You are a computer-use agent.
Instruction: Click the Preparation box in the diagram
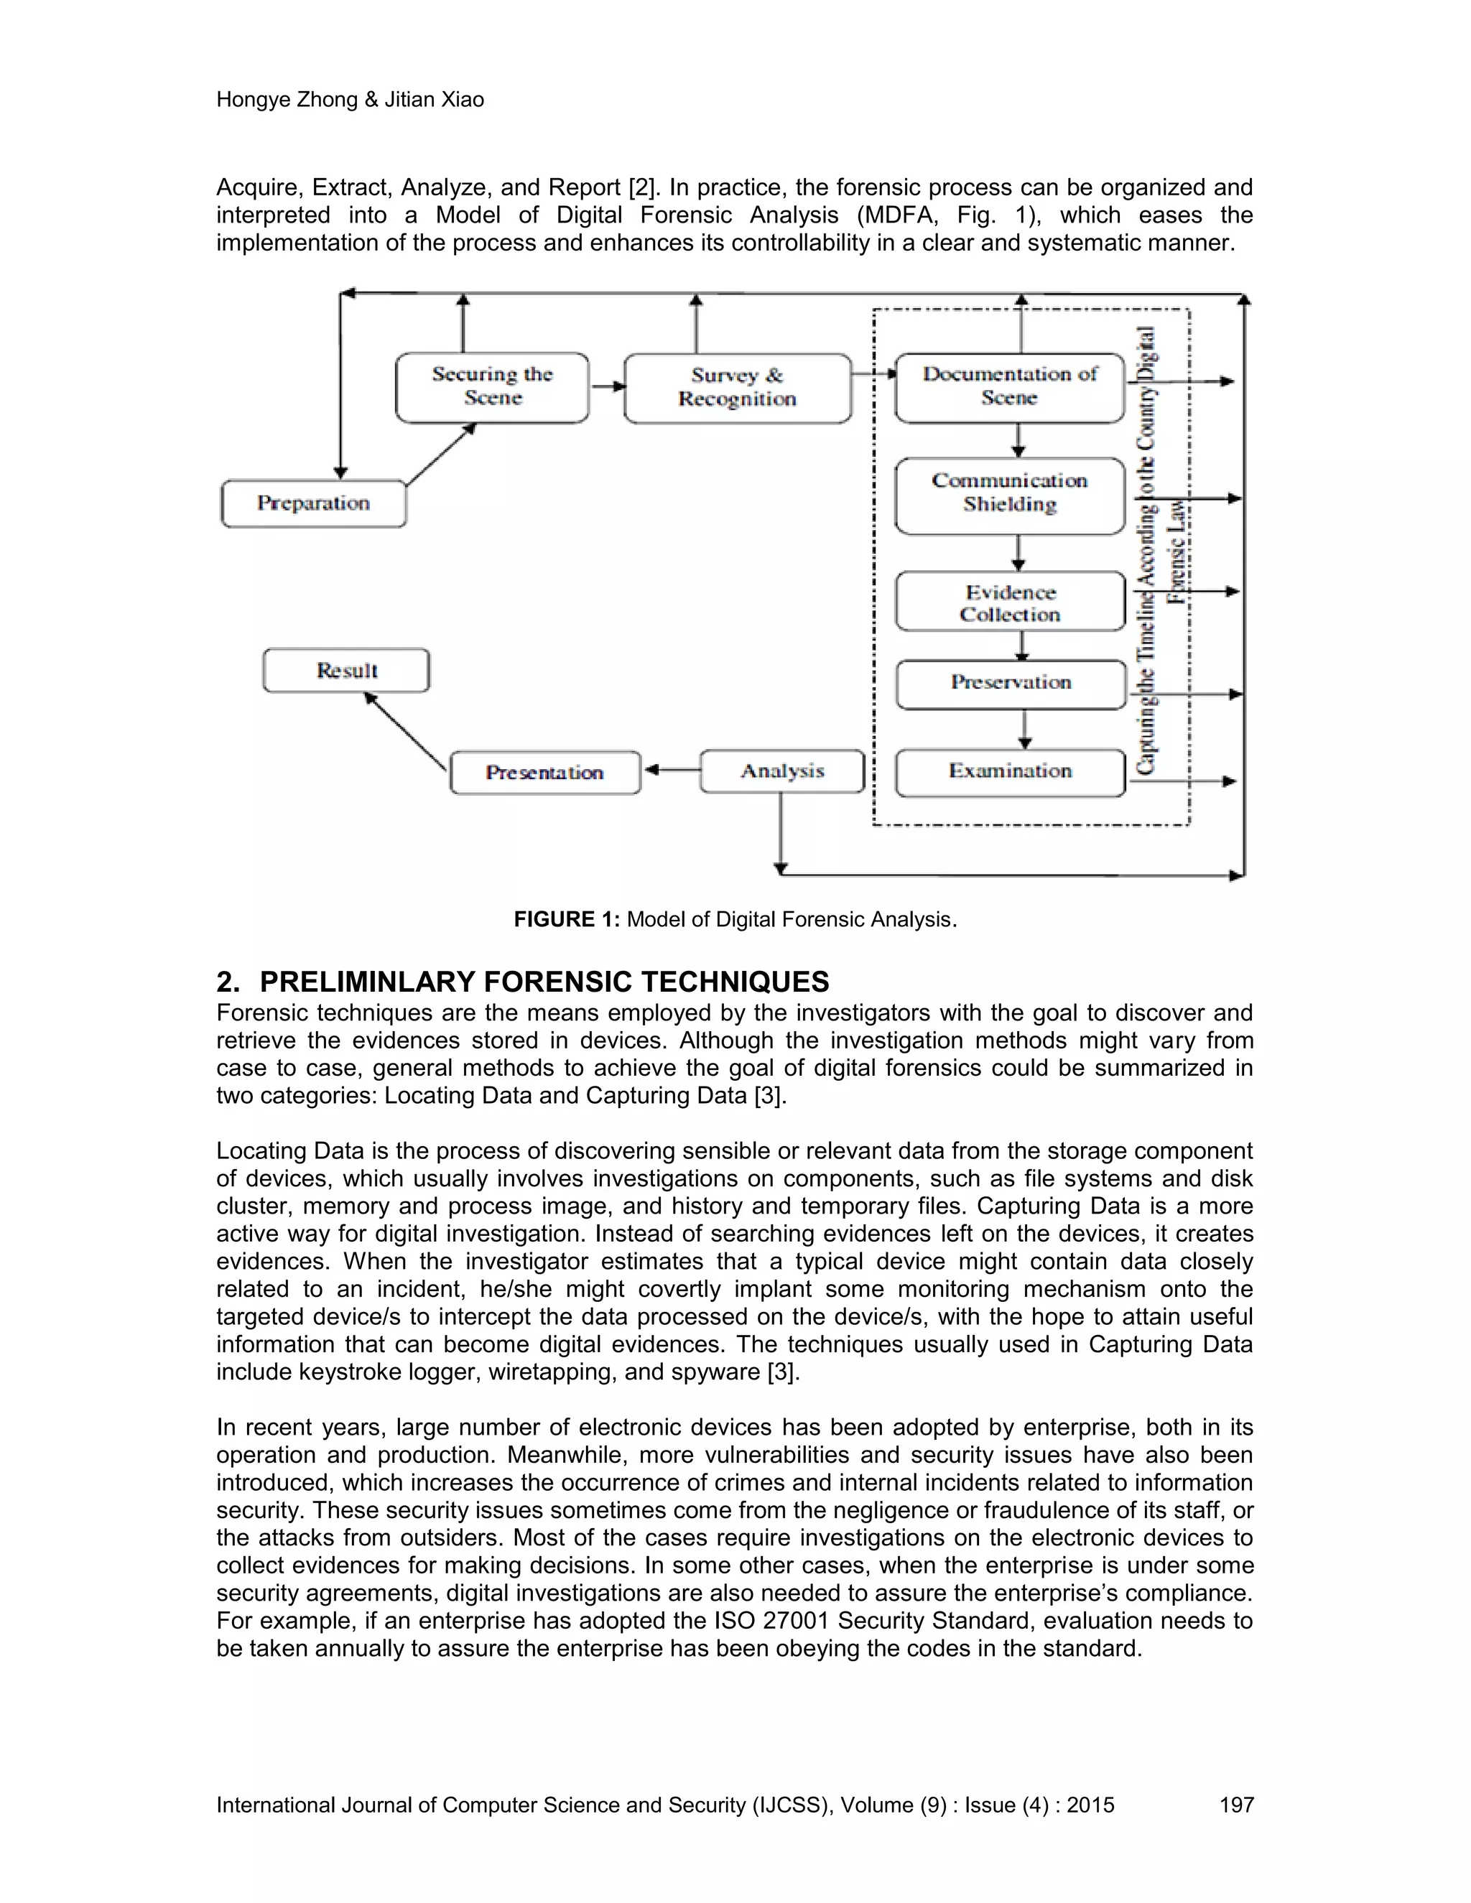(314, 503)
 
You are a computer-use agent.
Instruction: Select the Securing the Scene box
(492, 387)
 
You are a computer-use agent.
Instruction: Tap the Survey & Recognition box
(737, 388)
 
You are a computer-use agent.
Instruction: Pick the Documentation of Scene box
(1009, 387)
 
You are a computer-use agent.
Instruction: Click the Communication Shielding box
(1009, 494)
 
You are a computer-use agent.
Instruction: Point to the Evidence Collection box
(1009, 602)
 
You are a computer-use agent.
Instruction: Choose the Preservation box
(1010, 683)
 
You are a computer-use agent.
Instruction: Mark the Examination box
(1009, 772)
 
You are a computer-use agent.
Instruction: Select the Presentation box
(544, 773)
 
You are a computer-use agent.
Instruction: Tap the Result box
(346, 671)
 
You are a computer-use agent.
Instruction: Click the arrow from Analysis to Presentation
(671, 771)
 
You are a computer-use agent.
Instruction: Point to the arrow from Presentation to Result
(405, 731)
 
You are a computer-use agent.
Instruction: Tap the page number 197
(1235, 1805)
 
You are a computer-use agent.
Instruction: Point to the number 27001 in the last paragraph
(792, 1621)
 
